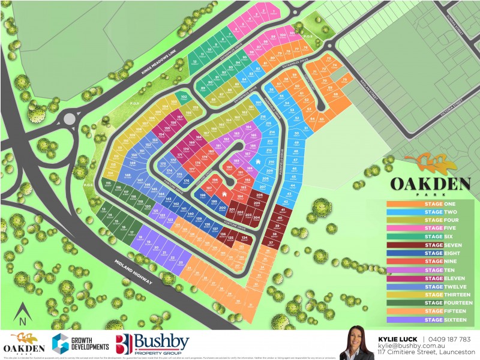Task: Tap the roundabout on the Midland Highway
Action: click(70, 119)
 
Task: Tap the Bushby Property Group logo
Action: click(152, 344)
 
